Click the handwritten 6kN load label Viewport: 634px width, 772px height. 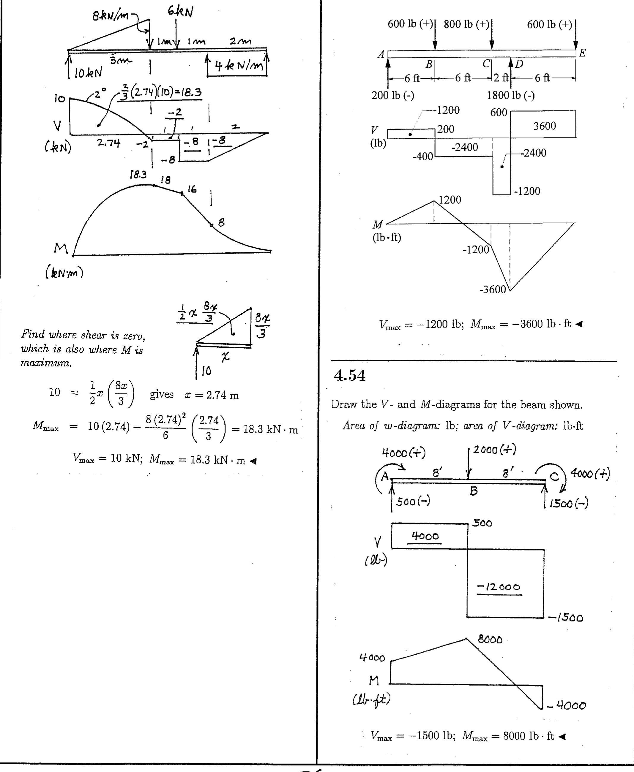(x=180, y=12)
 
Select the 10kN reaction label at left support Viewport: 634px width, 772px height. (x=88, y=73)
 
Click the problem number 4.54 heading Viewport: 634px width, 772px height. (x=349, y=375)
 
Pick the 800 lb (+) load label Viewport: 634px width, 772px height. (x=466, y=24)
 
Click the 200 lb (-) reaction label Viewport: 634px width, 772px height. (x=392, y=95)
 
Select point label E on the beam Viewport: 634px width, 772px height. (x=583, y=53)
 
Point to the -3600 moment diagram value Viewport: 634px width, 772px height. (x=492, y=289)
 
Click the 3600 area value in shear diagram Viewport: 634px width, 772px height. (x=544, y=126)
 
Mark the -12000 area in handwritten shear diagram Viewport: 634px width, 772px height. (x=499, y=587)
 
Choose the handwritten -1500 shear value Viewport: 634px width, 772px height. (x=566, y=618)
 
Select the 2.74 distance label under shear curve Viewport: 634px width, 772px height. (x=108, y=143)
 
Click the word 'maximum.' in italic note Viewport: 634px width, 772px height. (x=46, y=363)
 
